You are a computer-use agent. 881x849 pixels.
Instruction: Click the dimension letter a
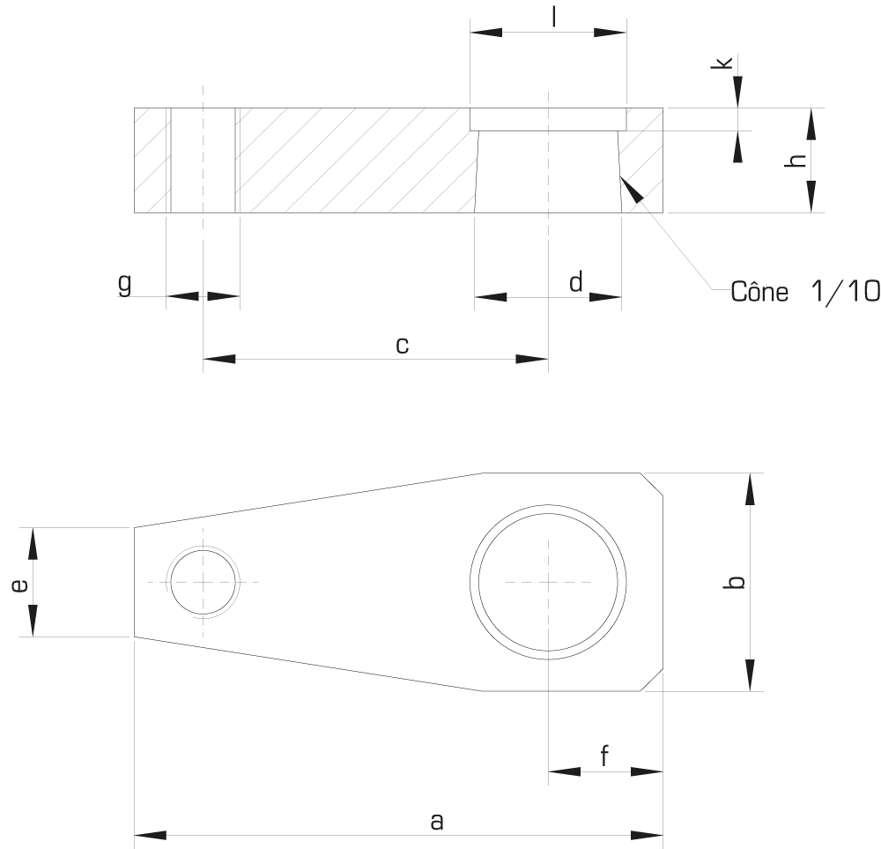(x=437, y=822)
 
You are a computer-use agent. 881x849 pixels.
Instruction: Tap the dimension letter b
(x=735, y=583)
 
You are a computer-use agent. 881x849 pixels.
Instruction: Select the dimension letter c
(x=403, y=346)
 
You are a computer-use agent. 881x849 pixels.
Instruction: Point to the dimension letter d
(x=576, y=282)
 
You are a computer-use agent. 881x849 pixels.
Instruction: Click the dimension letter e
(x=19, y=586)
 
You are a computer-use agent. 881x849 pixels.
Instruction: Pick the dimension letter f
(x=604, y=756)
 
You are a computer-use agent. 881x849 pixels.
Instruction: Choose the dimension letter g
(x=125, y=284)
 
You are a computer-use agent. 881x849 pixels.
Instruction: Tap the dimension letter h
(x=796, y=160)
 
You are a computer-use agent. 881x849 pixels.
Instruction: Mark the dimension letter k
(x=722, y=63)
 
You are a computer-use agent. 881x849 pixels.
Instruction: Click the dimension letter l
(x=554, y=16)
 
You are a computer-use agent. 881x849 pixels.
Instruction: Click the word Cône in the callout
(x=759, y=292)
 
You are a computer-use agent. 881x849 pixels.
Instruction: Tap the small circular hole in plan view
(x=204, y=582)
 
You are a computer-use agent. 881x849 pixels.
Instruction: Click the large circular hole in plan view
(x=548, y=582)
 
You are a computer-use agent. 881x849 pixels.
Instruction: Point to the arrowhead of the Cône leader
(x=631, y=189)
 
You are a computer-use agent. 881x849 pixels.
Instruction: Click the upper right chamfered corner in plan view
(x=652, y=484)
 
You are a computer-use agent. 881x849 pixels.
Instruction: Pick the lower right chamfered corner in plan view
(x=652, y=680)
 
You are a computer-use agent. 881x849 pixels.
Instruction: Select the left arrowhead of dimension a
(x=151, y=836)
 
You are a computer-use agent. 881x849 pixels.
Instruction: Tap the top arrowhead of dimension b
(x=750, y=489)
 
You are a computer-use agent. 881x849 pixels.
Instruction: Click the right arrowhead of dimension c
(x=531, y=360)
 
